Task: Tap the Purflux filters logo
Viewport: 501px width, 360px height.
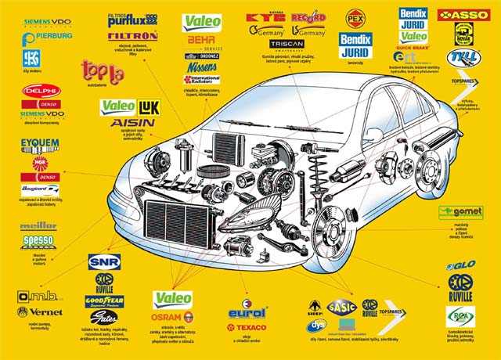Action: click(132, 20)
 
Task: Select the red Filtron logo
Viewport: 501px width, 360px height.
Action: click(132, 36)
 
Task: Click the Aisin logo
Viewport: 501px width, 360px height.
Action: click(132, 123)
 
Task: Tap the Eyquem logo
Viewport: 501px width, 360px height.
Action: click(40, 144)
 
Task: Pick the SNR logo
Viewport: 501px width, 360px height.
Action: click(104, 262)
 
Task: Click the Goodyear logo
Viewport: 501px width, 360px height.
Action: click(104, 300)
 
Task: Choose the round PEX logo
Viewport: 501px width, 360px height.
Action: click(355, 17)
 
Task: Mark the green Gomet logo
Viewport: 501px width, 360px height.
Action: click(460, 212)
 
